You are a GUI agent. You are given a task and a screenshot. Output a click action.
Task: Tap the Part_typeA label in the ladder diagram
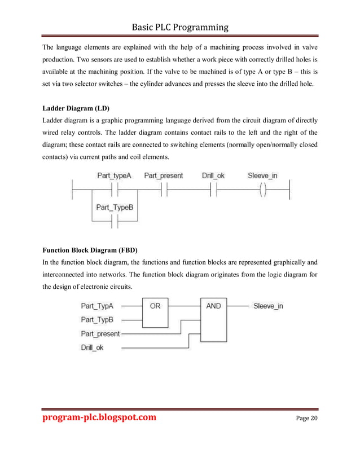coord(114,175)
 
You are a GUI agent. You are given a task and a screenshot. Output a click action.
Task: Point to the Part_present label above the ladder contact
coord(164,175)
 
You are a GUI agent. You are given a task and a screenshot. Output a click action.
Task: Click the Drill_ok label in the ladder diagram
coord(213,175)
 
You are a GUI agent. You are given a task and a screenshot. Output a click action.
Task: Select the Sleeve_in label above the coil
coord(262,175)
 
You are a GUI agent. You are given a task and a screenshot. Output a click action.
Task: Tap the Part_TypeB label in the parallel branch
coord(115,208)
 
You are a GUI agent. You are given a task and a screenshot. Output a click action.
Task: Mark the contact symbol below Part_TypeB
coord(115,222)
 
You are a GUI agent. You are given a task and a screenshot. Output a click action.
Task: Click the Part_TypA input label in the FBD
coord(97,306)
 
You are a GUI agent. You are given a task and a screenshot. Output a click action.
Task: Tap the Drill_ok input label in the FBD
coord(93,348)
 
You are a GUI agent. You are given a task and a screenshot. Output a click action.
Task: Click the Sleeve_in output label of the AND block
coord(268,306)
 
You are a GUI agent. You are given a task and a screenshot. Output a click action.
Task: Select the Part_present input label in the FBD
coord(100,333)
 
